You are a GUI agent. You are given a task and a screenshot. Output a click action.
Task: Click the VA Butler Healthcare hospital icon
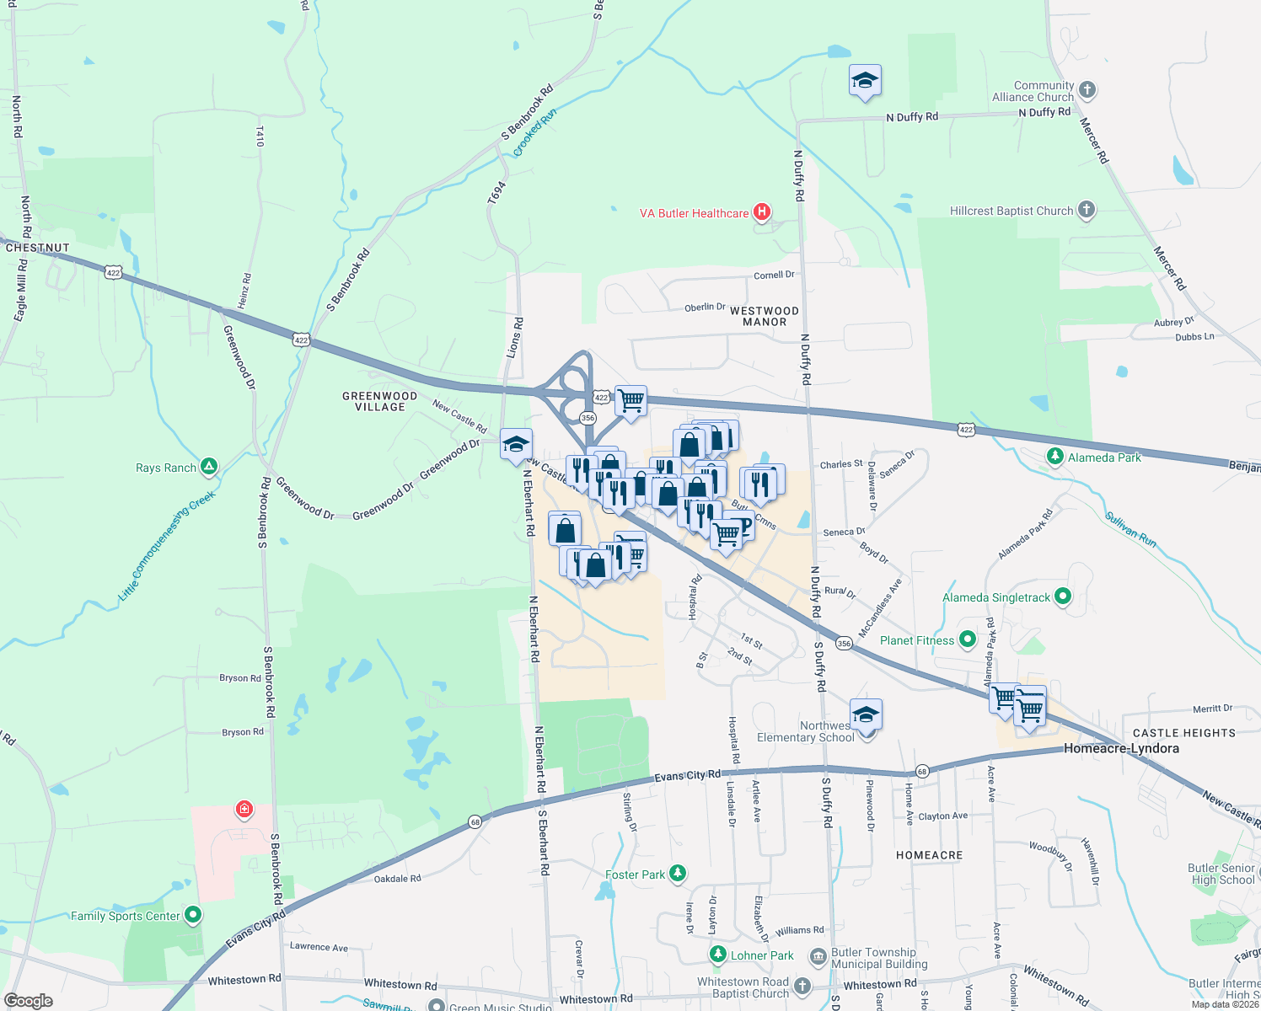[762, 211]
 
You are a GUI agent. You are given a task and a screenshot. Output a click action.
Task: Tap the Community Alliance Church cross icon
[1087, 89]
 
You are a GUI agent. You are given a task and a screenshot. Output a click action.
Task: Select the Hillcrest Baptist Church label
[1011, 211]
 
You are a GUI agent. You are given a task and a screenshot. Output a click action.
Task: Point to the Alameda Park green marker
[1054, 456]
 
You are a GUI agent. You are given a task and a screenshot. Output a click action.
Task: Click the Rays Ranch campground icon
[208, 466]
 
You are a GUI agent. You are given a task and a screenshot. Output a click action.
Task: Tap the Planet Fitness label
[917, 640]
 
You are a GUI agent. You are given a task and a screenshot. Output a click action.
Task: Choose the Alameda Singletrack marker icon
[1062, 596]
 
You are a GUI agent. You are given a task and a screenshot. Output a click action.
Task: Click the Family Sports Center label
[126, 916]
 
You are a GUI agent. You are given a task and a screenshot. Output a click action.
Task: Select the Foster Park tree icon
[677, 873]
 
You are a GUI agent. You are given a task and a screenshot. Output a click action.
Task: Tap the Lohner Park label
[762, 955]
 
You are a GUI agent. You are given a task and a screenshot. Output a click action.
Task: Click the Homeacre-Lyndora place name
[1121, 748]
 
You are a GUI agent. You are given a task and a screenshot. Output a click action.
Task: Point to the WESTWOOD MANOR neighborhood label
[765, 316]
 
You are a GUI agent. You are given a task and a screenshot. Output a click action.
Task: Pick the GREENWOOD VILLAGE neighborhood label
[379, 401]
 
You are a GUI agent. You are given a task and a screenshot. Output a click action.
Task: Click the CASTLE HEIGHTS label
[1184, 733]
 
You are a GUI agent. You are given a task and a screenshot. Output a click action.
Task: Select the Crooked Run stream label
[535, 131]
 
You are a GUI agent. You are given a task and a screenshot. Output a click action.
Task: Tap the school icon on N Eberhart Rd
[516, 444]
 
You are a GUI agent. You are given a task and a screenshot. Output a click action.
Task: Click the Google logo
[29, 1001]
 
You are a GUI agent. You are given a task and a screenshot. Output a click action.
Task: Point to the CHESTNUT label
[37, 248]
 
